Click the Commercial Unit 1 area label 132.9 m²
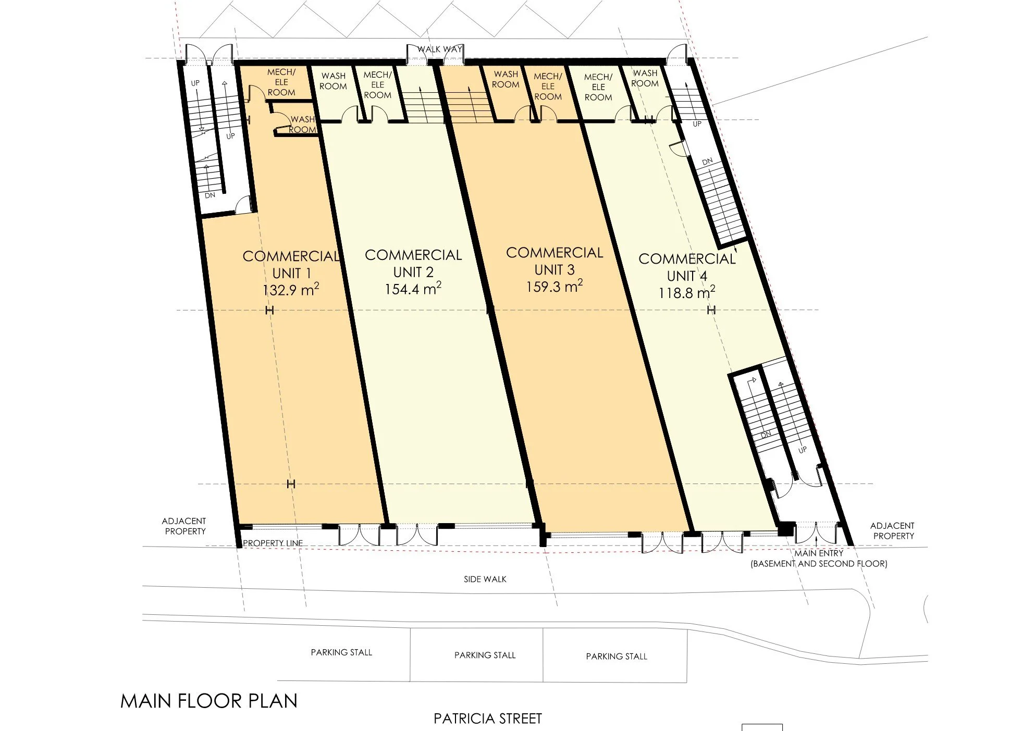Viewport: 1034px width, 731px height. (x=290, y=290)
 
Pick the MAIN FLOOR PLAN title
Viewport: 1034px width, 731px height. (x=209, y=701)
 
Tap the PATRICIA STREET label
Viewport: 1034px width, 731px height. (x=487, y=719)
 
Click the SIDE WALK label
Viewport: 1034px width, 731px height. (x=485, y=579)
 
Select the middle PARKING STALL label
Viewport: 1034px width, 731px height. (x=485, y=655)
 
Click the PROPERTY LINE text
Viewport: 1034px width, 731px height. (x=273, y=543)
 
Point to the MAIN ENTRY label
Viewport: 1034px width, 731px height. (x=818, y=553)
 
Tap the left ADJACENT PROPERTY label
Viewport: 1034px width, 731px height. (x=184, y=526)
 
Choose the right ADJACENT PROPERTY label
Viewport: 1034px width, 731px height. (x=893, y=531)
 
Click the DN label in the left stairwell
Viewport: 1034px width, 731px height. (x=210, y=196)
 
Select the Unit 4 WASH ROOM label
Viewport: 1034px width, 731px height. (x=645, y=79)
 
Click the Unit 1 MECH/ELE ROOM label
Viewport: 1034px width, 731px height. (x=281, y=82)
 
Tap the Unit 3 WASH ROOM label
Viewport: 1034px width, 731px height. (x=506, y=79)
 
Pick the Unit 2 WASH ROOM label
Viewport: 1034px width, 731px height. (x=333, y=81)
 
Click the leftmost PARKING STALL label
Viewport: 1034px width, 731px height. (x=341, y=652)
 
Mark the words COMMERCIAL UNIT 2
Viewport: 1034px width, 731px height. (x=413, y=263)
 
